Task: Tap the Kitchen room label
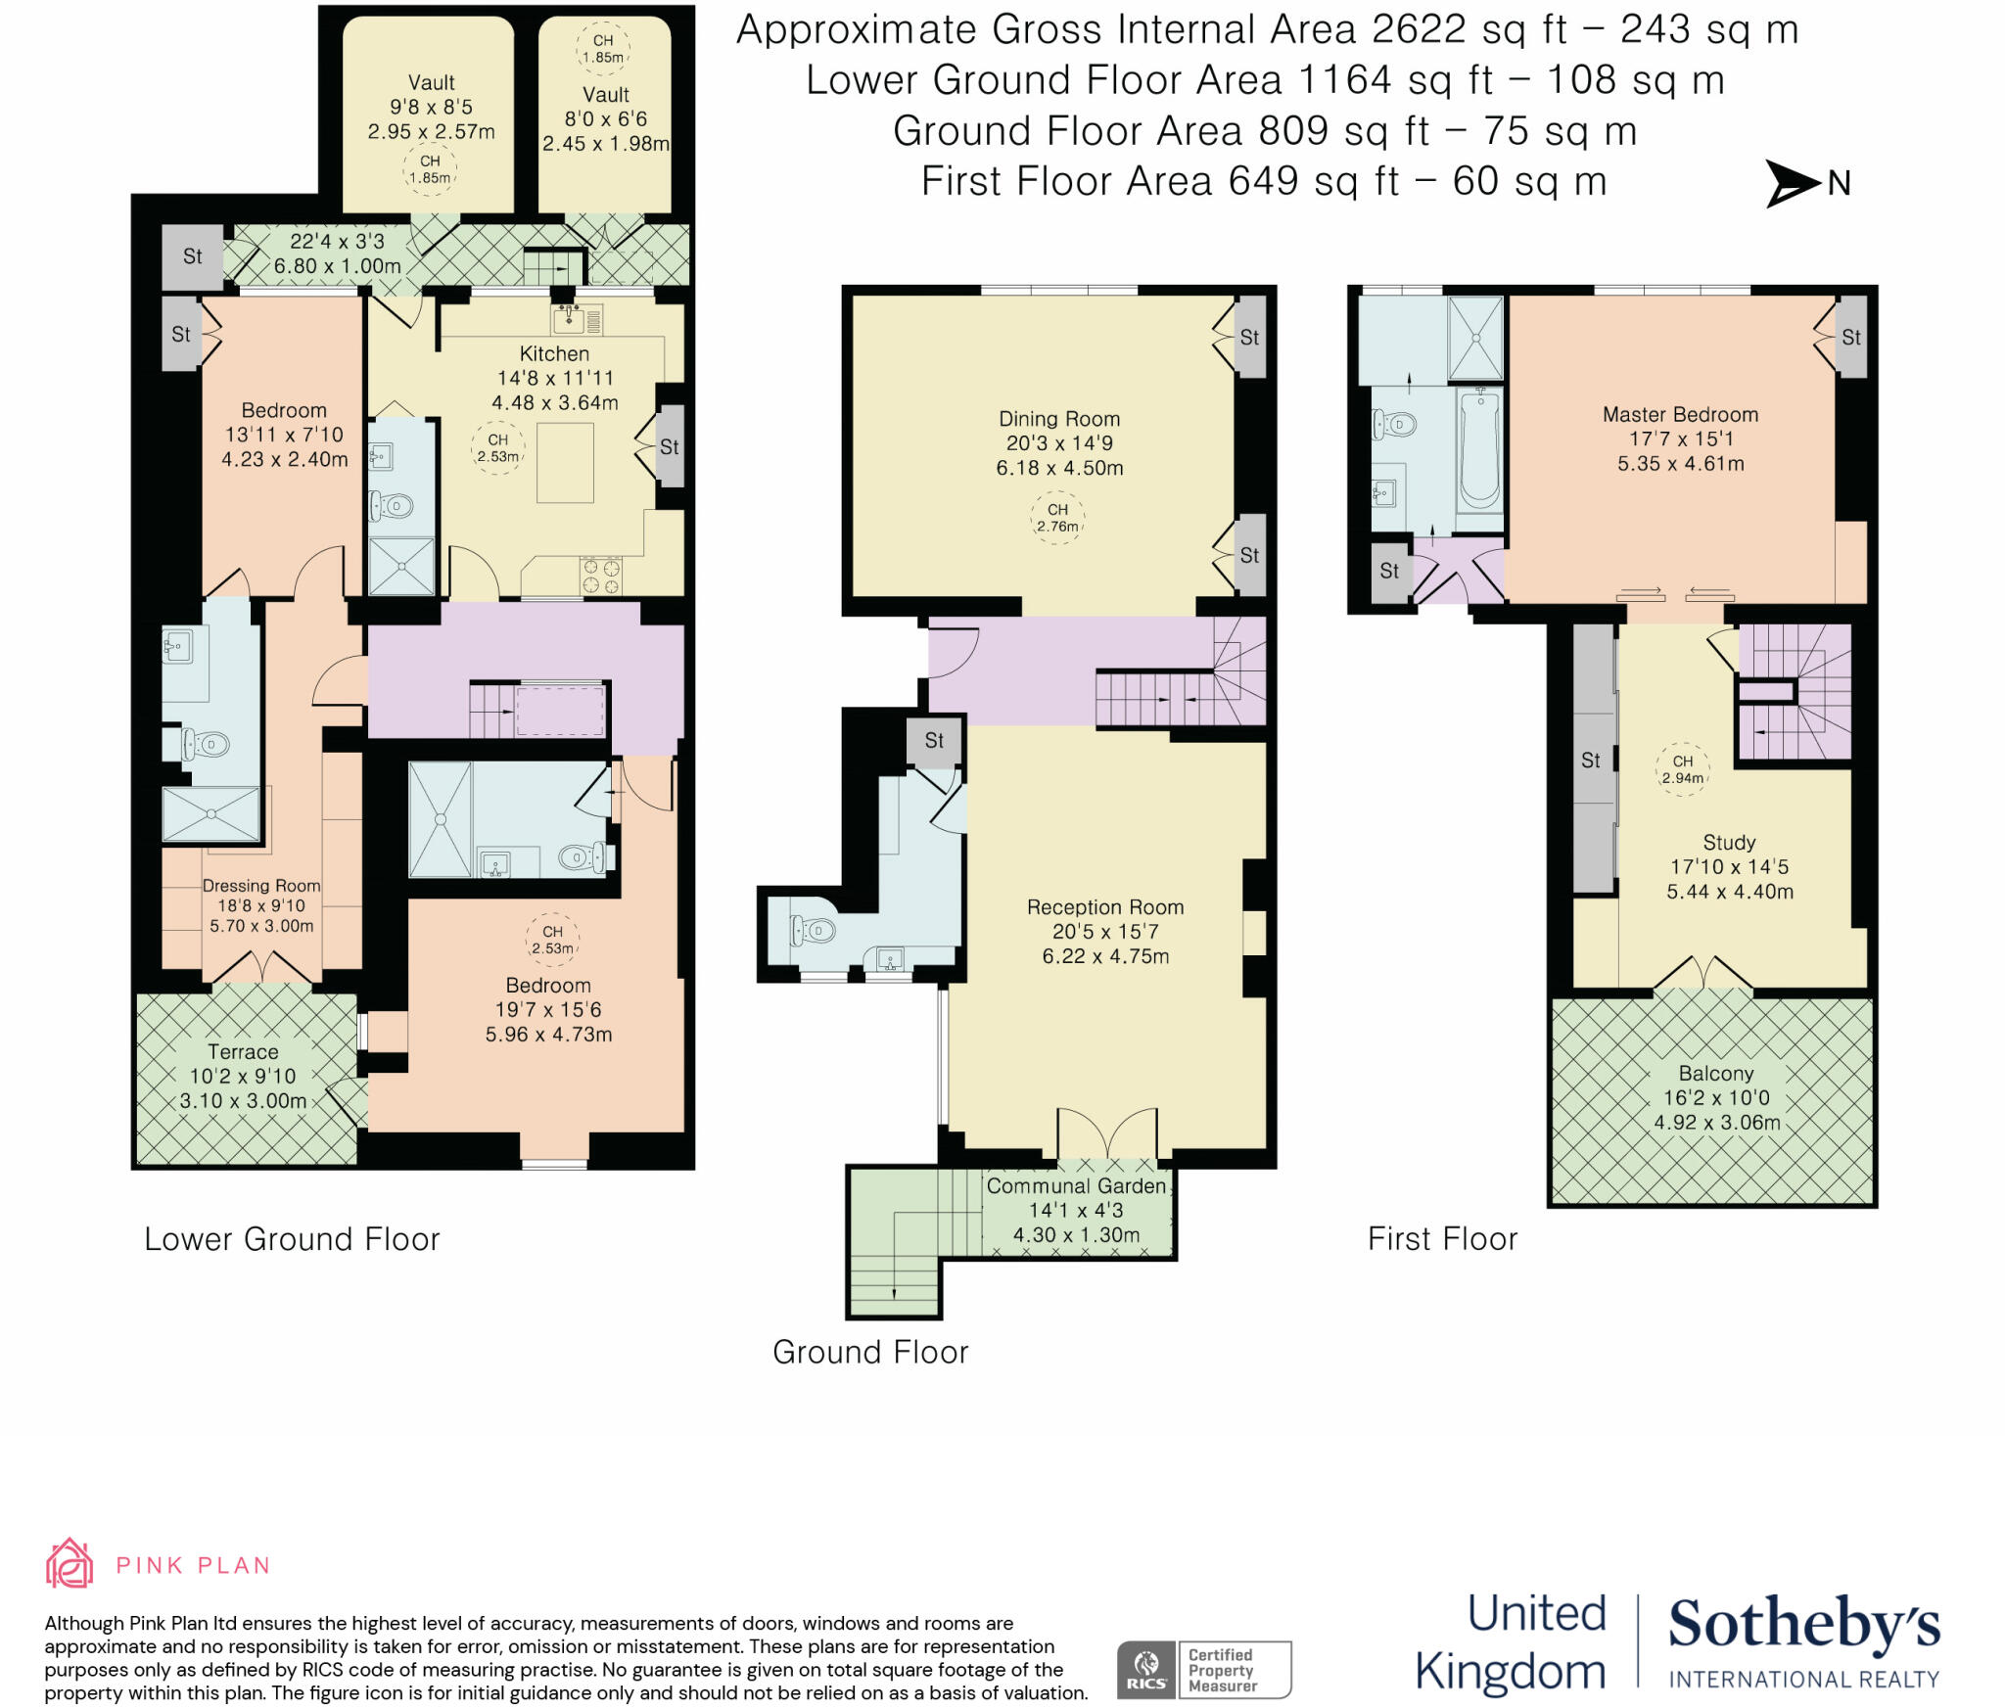click(554, 353)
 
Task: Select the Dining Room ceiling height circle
click(1057, 518)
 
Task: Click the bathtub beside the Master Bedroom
click(1479, 449)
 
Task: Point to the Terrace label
click(243, 1051)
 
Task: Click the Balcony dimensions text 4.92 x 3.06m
click(1716, 1123)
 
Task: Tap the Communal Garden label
click(1076, 1186)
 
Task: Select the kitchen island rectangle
click(565, 462)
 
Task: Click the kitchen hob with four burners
click(601, 576)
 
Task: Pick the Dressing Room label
click(261, 885)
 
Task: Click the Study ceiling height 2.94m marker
click(1682, 769)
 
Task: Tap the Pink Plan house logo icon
click(70, 1563)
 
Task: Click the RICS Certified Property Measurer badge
click(1204, 1670)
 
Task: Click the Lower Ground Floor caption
click(292, 1239)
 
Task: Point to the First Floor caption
click(1442, 1239)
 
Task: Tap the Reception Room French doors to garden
click(1107, 1135)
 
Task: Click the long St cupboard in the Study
click(1592, 760)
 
